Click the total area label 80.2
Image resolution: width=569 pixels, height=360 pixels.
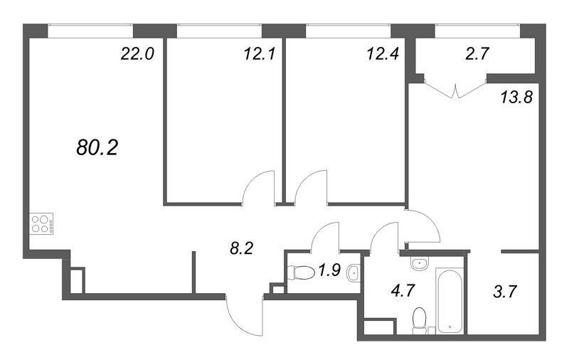[x=97, y=148]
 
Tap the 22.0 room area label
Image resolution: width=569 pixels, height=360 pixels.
[x=137, y=54]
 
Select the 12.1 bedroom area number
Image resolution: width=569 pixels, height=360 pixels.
[x=260, y=54]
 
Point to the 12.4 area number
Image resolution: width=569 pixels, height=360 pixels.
[x=383, y=54]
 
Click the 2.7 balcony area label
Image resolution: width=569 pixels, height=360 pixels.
[x=477, y=53]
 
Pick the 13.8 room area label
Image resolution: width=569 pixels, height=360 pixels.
[x=516, y=97]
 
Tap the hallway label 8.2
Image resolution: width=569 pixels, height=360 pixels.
[x=241, y=248]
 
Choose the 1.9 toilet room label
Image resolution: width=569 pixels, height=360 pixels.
[x=329, y=270]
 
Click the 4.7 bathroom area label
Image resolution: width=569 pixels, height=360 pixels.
[x=403, y=291]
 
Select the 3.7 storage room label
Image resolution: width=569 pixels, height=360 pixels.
[x=505, y=291]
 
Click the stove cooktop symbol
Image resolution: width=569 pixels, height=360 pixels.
[x=41, y=223]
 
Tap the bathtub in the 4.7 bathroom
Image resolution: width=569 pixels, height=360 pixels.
[x=450, y=300]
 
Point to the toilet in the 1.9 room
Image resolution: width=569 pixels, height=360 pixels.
[x=301, y=272]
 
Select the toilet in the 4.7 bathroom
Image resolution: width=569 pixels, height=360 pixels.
[x=420, y=320]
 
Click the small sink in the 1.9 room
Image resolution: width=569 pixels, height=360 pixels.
[x=353, y=273]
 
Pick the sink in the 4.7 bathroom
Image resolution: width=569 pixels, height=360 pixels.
[x=420, y=263]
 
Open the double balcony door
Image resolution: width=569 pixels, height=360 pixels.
[x=455, y=89]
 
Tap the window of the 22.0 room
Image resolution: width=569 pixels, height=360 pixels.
[x=90, y=31]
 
